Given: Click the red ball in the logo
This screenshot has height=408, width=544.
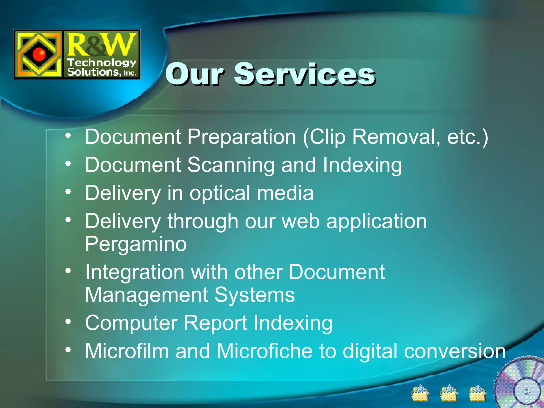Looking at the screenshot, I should coord(40,54).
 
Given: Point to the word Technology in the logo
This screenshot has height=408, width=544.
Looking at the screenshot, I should coord(101,63).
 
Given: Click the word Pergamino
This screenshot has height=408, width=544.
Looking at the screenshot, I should coord(136,244).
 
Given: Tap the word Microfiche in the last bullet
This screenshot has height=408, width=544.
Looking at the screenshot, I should coord(265,351).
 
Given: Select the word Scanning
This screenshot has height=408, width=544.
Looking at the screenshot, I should coord(231,165).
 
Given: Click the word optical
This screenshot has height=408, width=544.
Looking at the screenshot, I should coord(219,193).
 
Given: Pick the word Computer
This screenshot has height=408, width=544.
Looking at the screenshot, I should coord(131,323).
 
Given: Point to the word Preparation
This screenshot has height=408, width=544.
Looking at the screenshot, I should coord(242,137).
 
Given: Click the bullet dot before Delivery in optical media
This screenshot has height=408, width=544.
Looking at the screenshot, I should coord(68,192).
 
